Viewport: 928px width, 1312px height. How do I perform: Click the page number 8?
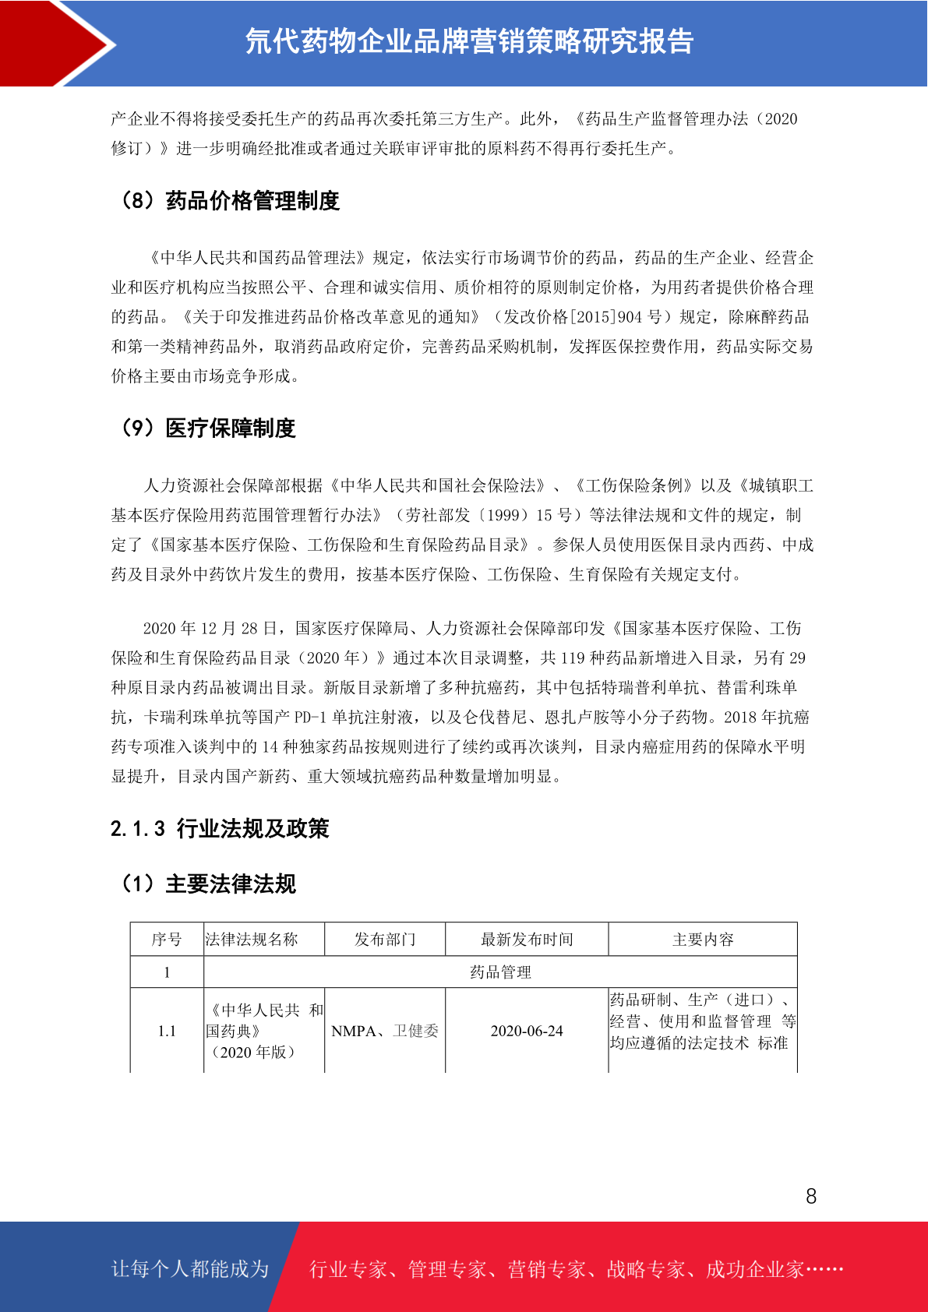811,1196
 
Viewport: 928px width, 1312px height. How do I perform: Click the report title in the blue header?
469,41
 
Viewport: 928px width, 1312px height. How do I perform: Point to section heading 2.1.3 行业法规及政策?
220,828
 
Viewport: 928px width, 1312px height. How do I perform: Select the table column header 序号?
167,940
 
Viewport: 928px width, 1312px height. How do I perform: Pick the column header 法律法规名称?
252,940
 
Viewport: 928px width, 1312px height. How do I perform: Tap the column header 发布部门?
385,940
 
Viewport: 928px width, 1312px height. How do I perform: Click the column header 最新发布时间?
527,940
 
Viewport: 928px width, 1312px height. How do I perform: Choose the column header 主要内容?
703,940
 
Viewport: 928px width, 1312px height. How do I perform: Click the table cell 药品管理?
500,972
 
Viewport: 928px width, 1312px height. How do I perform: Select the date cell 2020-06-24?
527,1031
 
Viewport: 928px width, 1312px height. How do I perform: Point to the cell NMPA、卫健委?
385,1031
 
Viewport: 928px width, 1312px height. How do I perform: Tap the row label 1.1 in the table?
167,1031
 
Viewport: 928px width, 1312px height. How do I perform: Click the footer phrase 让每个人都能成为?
190,1269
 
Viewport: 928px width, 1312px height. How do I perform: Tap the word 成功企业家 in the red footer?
754,1270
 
